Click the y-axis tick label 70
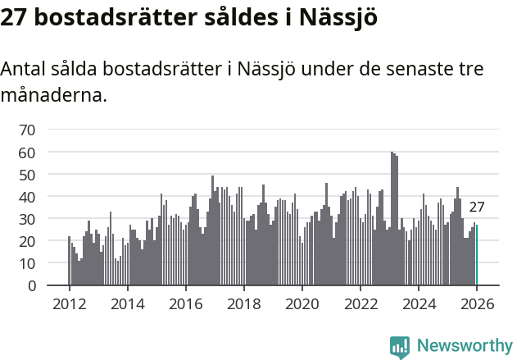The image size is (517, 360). tap(27, 130)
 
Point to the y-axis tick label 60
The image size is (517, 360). tap(27, 153)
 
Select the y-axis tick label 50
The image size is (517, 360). tap(27, 175)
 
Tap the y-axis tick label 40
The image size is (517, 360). tap(27, 197)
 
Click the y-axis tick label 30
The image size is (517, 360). tap(27, 219)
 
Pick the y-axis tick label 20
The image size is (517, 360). tap(27, 242)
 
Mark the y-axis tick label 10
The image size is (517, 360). tap(27, 264)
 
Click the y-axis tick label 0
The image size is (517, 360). tap(31, 286)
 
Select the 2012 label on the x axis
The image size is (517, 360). tap(69, 303)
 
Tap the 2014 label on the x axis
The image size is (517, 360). tap(127, 303)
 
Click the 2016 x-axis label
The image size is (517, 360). tap(185, 303)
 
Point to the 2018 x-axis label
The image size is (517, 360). tap(243, 303)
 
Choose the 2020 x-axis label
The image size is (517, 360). tap(302, 303)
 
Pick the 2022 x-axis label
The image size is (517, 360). tap(361, 303)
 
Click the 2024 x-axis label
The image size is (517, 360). tap(419, 303)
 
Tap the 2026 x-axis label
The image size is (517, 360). tap(477, 303)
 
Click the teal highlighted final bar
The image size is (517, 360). tap(477, 256)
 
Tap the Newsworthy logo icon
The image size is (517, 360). tap(400, 346)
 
